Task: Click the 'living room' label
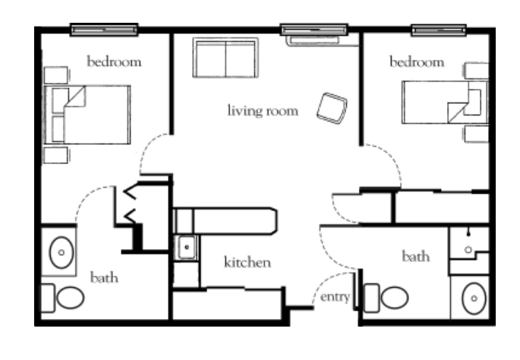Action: (263, 111)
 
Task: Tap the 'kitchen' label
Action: (247, 262)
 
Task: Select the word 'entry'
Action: (335, 297)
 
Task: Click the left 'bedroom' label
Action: (114, 62)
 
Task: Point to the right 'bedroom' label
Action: (417, 62)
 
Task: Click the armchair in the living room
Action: (332, 108)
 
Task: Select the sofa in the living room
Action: (225, 58)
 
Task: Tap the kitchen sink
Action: (187, 247)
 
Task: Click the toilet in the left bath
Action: (62, 298)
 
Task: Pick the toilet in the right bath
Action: (386, 298)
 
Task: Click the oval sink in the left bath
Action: (61, 252)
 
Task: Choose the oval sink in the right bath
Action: (474, 298)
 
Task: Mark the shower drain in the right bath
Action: (468, 250)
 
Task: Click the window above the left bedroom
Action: (104, 30)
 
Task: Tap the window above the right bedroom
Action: (439, 30)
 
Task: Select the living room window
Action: (314, 30)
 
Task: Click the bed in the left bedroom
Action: (87, 115)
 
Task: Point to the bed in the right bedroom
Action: (445, 102)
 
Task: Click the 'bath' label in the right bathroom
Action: (416, 257)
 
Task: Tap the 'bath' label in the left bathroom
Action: (104, 277)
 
